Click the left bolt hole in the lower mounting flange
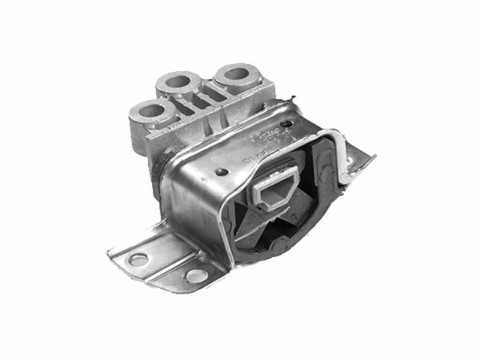tap(139, 259)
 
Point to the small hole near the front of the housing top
tap(223, 172)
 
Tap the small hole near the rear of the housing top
tap(287, 124)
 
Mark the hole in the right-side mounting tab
tap(350, 162)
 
